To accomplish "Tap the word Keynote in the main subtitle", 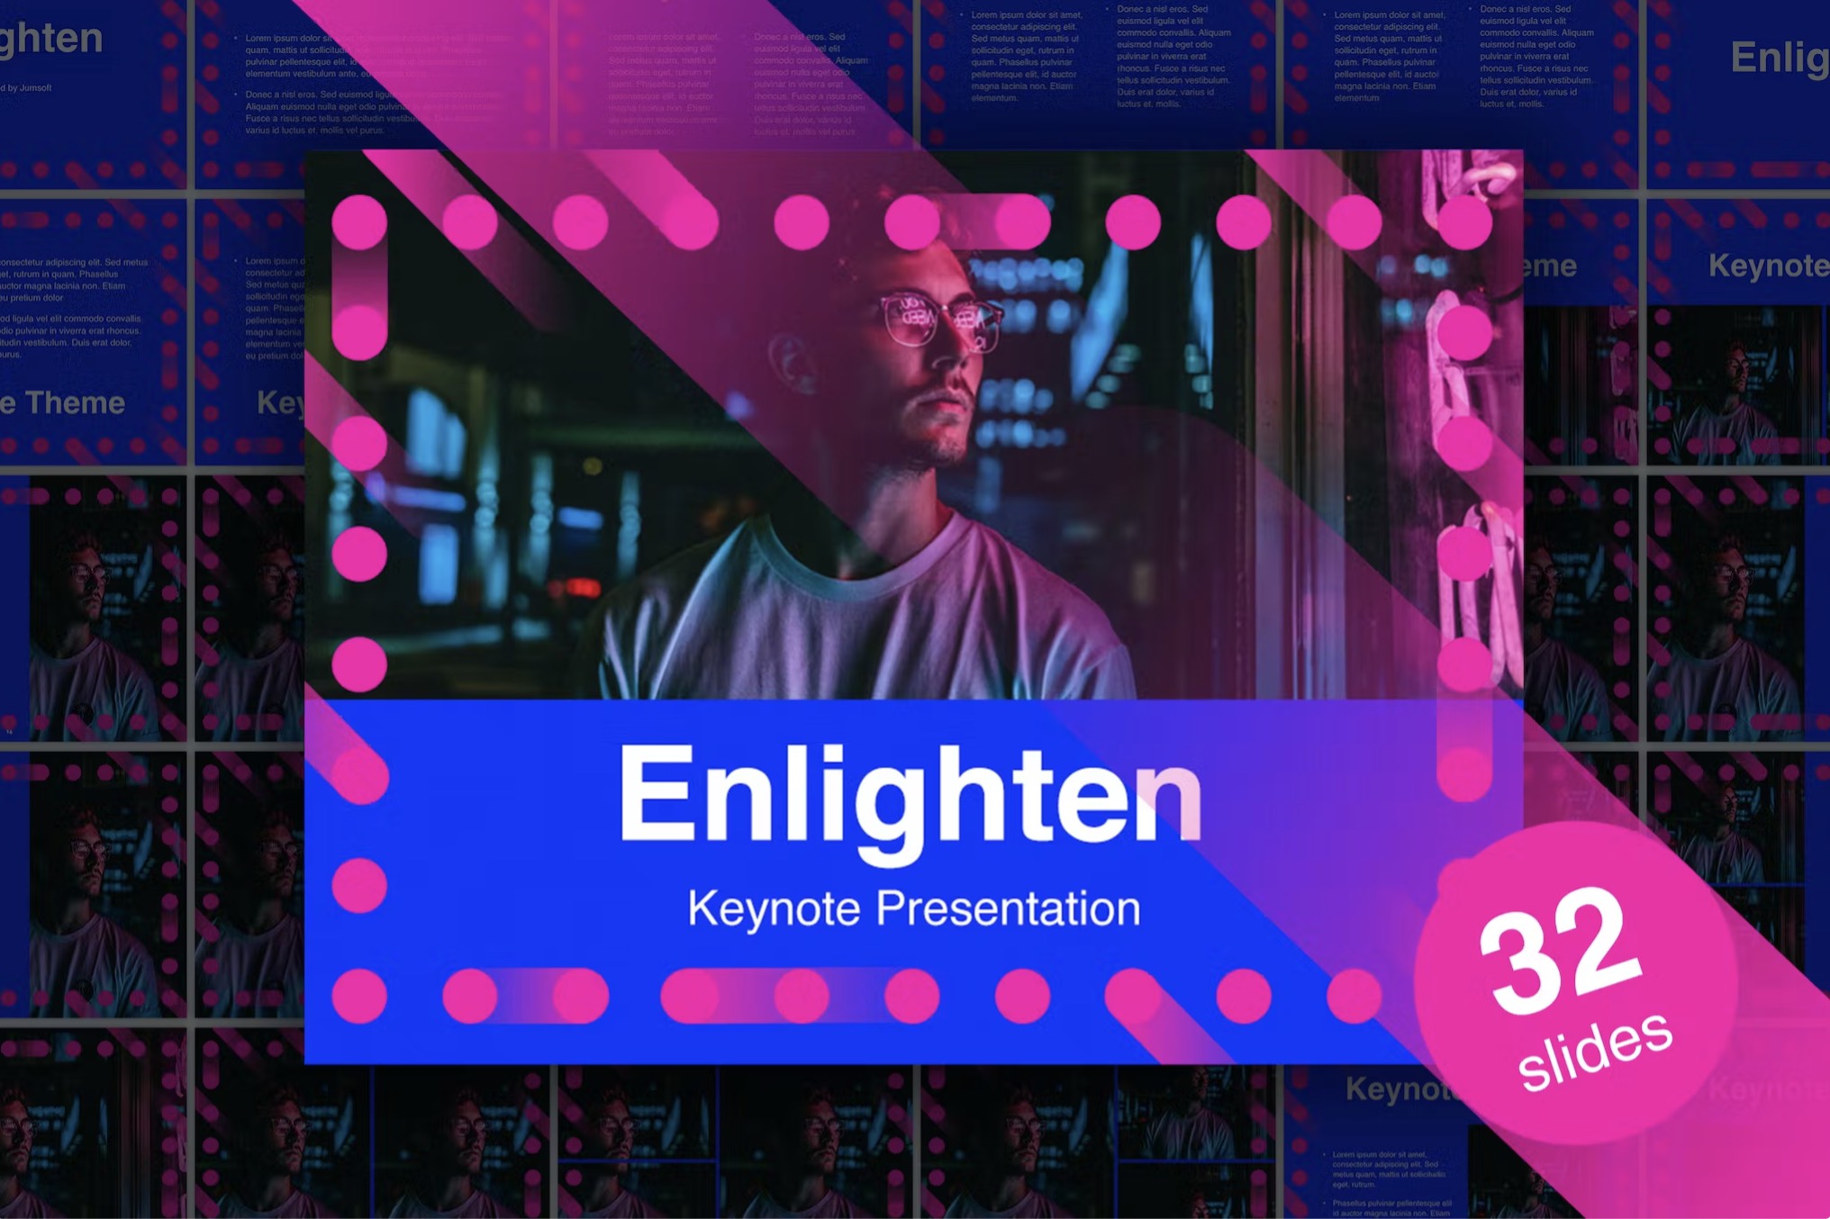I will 774,908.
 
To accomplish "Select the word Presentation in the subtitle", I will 1008,907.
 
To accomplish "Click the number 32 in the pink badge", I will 1561,951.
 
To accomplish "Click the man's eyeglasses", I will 940,320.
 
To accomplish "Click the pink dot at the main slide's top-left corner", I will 359,221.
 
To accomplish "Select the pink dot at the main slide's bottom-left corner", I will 359,997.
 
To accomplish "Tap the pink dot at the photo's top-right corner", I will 1464,221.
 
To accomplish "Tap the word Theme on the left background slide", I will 76,402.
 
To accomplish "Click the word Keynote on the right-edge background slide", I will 1768,266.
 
